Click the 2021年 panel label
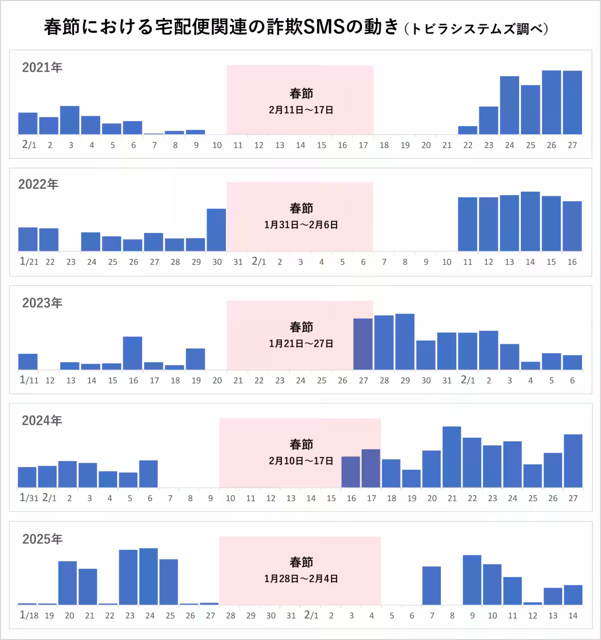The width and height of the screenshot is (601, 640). (42, 68)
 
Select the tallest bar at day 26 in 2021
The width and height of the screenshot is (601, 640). (551, 103)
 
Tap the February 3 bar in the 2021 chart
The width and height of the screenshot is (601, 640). (70, 120)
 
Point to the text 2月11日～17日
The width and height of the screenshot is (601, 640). (301, 110)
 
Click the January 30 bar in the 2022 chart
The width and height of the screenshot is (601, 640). (216, 230)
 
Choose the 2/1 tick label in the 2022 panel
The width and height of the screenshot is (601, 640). (258, 261)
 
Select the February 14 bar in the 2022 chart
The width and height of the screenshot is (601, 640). (530, 221)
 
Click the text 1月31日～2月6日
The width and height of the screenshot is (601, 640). (301, 225)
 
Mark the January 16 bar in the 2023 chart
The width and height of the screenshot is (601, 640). (133, 353)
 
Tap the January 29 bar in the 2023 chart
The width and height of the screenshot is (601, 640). (405, 342)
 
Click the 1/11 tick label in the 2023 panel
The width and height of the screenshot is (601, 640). (29, 380)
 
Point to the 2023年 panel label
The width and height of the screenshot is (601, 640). (42, 303)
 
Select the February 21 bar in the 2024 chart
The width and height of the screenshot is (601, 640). (452, 457)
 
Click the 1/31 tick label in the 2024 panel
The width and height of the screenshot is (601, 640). (29, 498)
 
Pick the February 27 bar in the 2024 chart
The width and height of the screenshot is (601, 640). (573, 461)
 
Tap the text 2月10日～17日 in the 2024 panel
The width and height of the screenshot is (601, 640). (301, 460)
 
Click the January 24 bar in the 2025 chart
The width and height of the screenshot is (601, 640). (149, 577)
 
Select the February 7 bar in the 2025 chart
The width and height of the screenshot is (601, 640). (432, 586)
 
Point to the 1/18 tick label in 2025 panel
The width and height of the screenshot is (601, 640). (29, 615)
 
